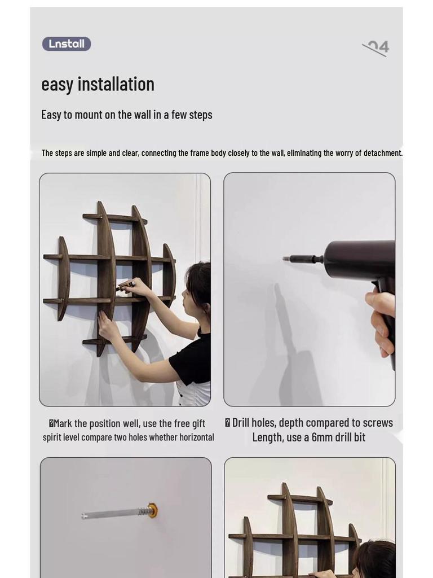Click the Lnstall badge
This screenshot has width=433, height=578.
[x=67, y=44]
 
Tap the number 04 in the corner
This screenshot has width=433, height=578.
[x=378, y=47]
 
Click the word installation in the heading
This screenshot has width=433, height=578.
[x=116, y=84]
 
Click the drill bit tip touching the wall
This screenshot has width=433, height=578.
[x=284, y=259]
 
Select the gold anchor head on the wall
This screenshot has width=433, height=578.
[x=152, y=510]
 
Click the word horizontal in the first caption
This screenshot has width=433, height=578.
[x=197, y=437]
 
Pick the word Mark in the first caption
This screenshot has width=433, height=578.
[x=63, y=423]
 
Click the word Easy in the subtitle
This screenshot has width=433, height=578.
[x=51, y=115]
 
